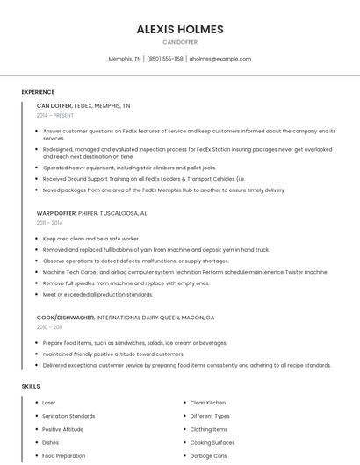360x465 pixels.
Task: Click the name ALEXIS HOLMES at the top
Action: pos(180,29)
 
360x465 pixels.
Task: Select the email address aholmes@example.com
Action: pos(220,59)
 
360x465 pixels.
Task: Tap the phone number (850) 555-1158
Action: pos(165,59)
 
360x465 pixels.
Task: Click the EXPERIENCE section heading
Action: pos(38,92)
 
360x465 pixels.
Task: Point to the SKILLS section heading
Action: pos(31,386)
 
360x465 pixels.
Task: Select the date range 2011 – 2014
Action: pos(49,223)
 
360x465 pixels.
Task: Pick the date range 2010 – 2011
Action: pos(49,327)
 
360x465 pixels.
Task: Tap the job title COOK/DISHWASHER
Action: pos(66,318)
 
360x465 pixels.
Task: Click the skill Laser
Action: pos(49,403)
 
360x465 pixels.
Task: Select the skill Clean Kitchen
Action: pos(208,403)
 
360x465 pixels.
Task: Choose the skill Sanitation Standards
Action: pos(68,416)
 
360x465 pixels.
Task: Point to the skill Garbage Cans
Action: pos(209,456)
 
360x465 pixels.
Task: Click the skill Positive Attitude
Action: pos(63,429)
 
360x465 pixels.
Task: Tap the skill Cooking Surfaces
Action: pos(212,443)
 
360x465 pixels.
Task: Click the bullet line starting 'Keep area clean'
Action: pos(91,239)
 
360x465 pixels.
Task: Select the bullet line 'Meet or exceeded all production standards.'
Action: pos(97,294)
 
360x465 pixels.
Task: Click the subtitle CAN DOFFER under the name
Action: pos(180,42)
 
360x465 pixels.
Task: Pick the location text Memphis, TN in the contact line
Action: pos(125,59)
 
